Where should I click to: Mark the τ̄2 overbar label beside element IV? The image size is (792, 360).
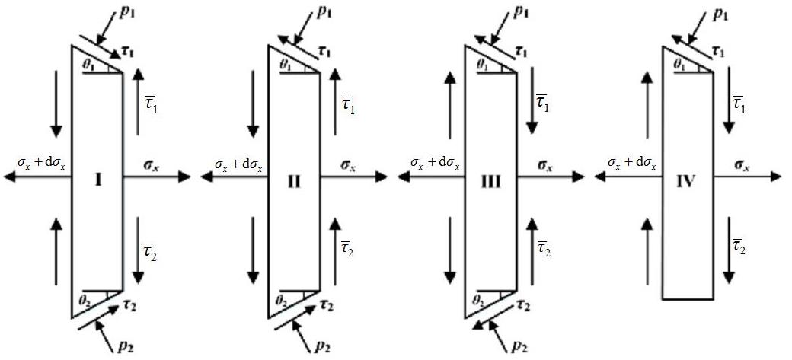tap(739, 246)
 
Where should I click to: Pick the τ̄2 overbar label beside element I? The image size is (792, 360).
tap(149, 246)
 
